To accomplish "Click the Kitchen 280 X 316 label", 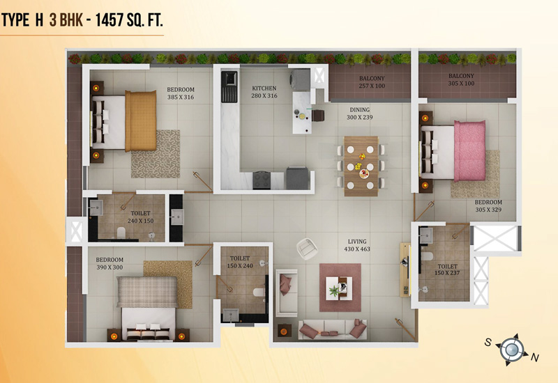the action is click(x=264, y=92).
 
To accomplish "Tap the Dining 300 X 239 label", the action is click(x=359, y=114).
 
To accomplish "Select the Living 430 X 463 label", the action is click(x=357, y=245).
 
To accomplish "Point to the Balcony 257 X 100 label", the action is click(x=372, y=82).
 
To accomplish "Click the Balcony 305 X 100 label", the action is click(x=461, y=79).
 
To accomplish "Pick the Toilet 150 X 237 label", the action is click(x=447, y=269).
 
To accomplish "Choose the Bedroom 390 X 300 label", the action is click(x=110, y=263).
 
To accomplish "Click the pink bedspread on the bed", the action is click(x=469, y=151).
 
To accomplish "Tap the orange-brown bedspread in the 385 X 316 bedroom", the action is click(x=141, y=120).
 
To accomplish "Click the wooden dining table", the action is click(x=361, y=166).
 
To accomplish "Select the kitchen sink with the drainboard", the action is click(x=229, y=87).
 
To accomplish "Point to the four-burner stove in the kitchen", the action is click(x=262, y=180).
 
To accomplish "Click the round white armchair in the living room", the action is click(x=307, y=249).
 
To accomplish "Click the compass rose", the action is click(x=512, y=350).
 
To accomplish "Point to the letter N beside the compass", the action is click(x=534, y=357).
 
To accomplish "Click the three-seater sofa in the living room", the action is click(x=333, y=329).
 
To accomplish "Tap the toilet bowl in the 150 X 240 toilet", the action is click(x=259, y=292).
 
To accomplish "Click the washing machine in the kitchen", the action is click(x=300, y=79).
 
